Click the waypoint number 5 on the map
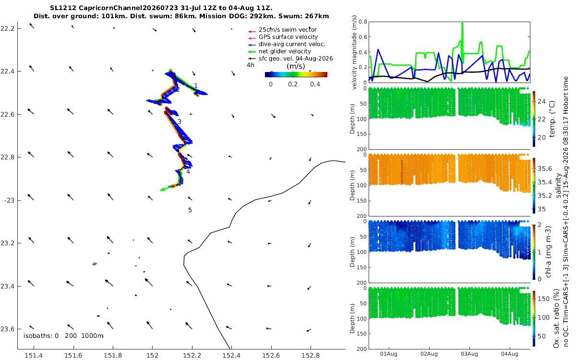(x=190, y=210)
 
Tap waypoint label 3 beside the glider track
(x=180, y=121)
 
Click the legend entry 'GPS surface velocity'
(x=288, y=37)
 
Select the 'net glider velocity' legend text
(x=285, y=51)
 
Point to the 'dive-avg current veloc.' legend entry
(x=292, y=44)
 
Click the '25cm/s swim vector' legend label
(x=288, y=30)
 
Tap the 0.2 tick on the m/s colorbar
(x=293, y=84)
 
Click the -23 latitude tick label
(x=9, y=200)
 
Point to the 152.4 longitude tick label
(x=231, y=355)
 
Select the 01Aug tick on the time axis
(x=388, y=354)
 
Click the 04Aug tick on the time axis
(x=509, y=354)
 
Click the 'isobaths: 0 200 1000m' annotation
(x=63, y=336)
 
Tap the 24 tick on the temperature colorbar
(x=541, y=102)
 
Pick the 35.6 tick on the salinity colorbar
(x=545, y=168)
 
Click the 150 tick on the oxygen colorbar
(x=543, y=299)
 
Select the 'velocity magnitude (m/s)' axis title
(x=354, y=52)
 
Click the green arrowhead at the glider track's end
(x=163, y=190)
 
